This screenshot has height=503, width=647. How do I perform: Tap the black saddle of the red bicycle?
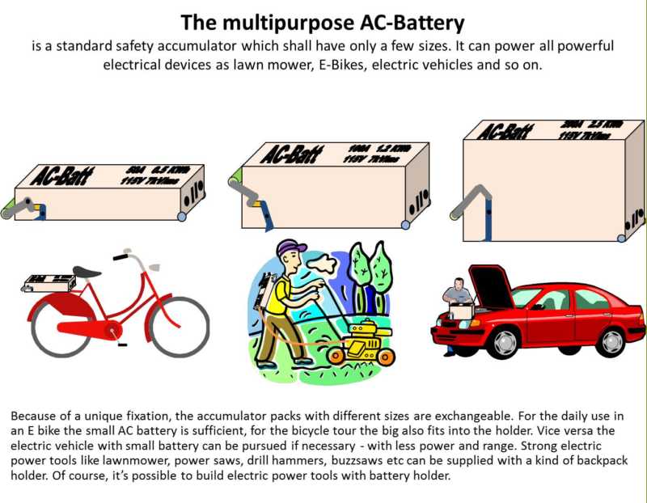(87, 272)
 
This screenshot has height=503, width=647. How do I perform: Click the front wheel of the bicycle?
(180, 327)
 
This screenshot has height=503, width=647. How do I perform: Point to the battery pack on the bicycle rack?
(49, 283)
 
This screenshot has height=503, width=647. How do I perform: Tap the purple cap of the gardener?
(291, 246)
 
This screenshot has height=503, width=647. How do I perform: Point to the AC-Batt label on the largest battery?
(505, 130)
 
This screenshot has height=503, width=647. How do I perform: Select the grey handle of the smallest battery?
(19, 208)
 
